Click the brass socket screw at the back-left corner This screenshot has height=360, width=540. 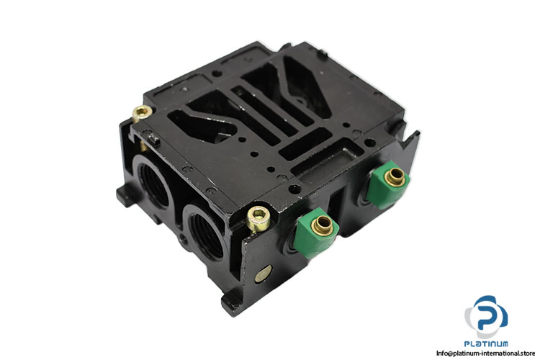pyautogui.click(x=142, y=112)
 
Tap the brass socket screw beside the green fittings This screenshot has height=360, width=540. pyautogui.click(x=258, y=218)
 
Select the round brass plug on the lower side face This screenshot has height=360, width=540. pyautogui.click(x=264, y=274)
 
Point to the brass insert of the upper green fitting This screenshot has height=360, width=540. pyautogui.click(x=395, y=177)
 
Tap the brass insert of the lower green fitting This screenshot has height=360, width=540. pyautogui.click(x=323, y=224)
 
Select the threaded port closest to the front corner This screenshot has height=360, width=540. pyautogui.click(x=206, y=232)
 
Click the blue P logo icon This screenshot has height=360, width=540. pyautogui.click(x=486, y=317)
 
